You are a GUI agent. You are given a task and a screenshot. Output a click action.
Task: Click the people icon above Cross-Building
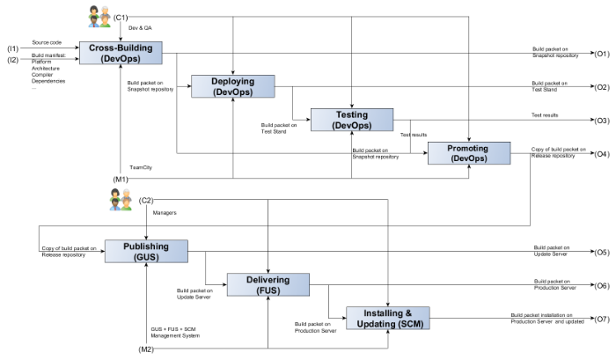coord(99,17)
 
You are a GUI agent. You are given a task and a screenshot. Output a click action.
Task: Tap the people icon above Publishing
coord(121,200)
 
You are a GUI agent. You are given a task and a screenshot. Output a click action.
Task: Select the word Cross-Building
coord(121,48)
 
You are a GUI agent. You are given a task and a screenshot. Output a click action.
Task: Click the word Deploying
coord(233,81)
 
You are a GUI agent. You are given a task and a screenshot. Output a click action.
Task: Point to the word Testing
coord(352,114)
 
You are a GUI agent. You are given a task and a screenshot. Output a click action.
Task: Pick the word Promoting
coord(468,148)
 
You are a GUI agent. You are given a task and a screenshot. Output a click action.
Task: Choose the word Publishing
coord(146,246)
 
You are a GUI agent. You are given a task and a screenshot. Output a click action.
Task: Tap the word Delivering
coord(268,280)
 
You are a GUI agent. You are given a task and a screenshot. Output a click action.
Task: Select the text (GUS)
coord(146,257)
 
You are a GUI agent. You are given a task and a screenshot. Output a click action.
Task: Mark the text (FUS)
coord(268,290)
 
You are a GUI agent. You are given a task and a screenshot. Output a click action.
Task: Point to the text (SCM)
coord(410,324)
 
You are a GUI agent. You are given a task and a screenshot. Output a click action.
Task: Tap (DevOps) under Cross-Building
coord(121,58)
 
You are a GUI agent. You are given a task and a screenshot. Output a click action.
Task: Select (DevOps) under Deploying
coord(233,92)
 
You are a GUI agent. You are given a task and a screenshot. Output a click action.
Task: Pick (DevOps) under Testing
coord(352,125)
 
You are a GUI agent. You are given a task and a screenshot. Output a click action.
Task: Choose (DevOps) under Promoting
coord(468,158)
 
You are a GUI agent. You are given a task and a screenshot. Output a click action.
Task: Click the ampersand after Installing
coord(407,313)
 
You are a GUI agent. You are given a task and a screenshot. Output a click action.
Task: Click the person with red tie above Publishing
coord(114,202)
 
